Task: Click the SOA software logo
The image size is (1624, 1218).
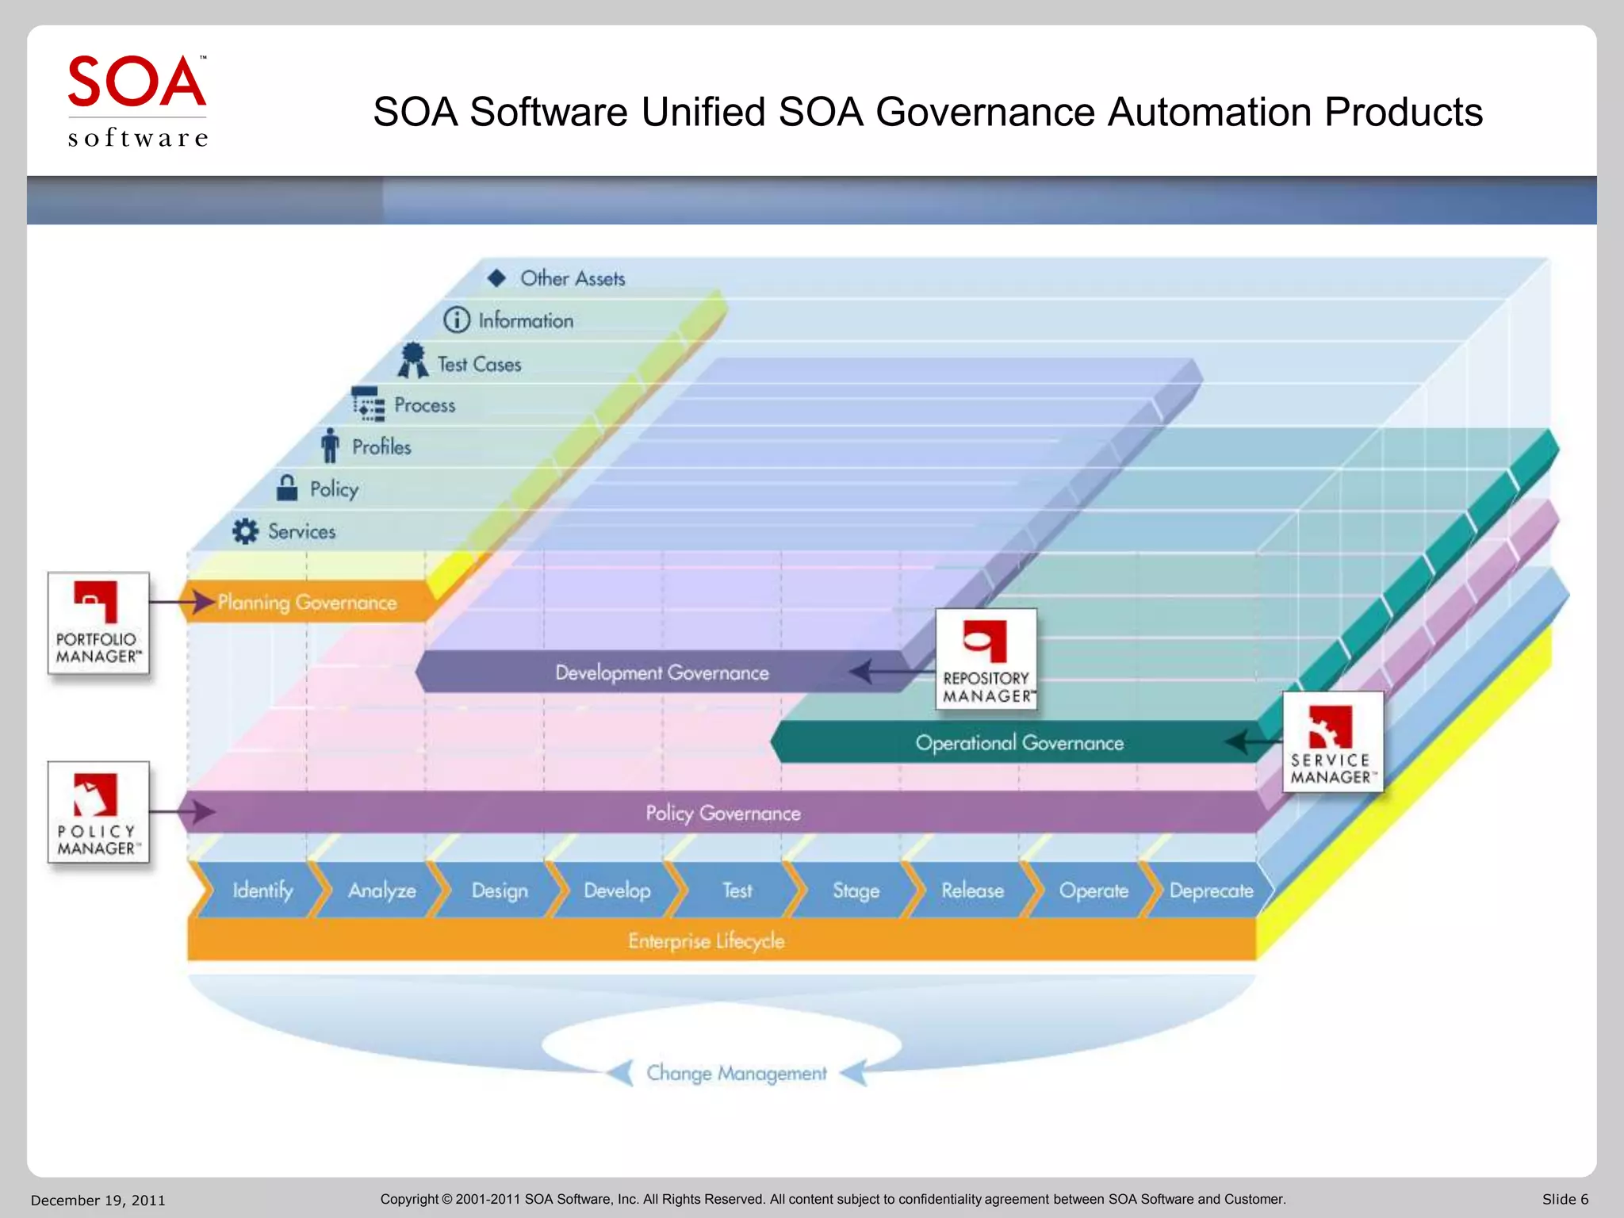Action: point(137,101)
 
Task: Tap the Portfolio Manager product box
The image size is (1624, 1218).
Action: point(98,623)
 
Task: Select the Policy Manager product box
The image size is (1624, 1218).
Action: point(98,812)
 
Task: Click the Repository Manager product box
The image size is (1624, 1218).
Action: point(986,659)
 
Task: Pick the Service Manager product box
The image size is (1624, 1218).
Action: point(1332,741)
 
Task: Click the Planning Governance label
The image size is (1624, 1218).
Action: point(307,603)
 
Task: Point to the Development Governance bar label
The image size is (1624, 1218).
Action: point(661,673)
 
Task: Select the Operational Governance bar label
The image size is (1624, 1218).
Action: point(1019,743)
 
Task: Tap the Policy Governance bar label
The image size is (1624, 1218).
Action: point(722,814)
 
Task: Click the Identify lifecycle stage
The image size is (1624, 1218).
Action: point(262,891)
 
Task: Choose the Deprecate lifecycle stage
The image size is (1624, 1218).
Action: point(1211,891)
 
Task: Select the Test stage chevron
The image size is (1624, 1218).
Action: point(737,891)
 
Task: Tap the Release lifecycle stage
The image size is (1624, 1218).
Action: point(972,891)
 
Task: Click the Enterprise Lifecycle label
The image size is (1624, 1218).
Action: point(706,941)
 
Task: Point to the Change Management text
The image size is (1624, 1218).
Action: point(736,1073)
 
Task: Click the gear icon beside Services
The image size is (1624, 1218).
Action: point(245,531)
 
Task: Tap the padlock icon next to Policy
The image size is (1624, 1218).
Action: point(287,488)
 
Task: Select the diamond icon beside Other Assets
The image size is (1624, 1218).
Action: point(496,278)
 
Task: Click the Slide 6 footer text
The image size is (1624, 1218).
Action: point(1565,1200)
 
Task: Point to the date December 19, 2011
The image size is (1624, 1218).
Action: point(98,1201)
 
